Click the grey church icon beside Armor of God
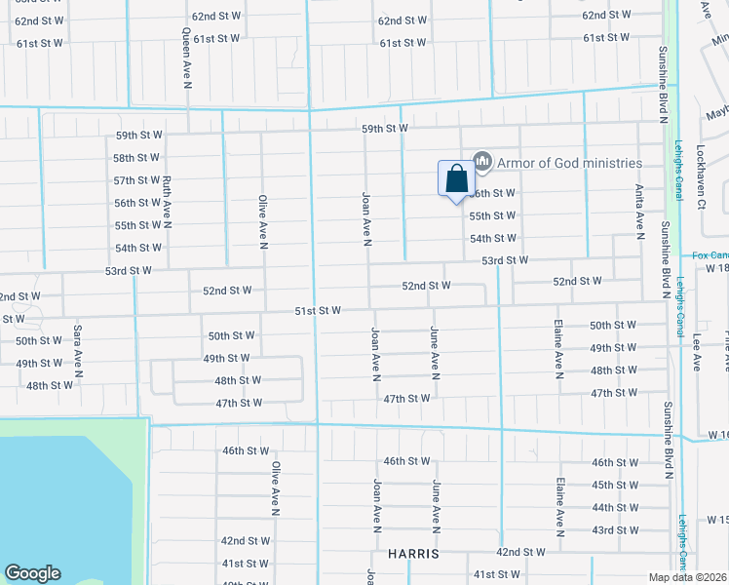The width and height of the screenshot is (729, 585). pyautogui.click(x=480, y=161)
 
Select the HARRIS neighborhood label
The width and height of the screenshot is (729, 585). pyautogui.click(x=413, y=553)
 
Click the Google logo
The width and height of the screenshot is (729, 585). pyautogui.click(x=32, y=573)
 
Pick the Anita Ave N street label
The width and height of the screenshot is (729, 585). pyautogui.click(x=639, y=213)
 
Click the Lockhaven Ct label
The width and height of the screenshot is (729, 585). pyautogui.click(x=700, y=176)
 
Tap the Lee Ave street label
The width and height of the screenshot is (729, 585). pyautogui.click(x=698, y=353)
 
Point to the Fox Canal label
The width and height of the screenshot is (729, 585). pyautogui.click(x=710, y=255)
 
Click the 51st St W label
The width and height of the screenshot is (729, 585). pyautogui.click(x=319, y=310)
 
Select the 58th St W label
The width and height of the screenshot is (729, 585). pyautogui.click(x=136, y=158)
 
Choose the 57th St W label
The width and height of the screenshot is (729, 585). pyautogui.click(x=136, y=180)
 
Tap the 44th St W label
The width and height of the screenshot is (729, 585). pyautogui.click(x=615, y=507)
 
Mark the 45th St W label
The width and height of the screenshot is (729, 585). pyautogui.click(x=615, y=485)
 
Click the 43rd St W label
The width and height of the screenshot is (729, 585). pyautogui.click(x=615, y=529)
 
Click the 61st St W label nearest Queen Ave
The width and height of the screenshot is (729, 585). pyautogui.click(x=216, y=39)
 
